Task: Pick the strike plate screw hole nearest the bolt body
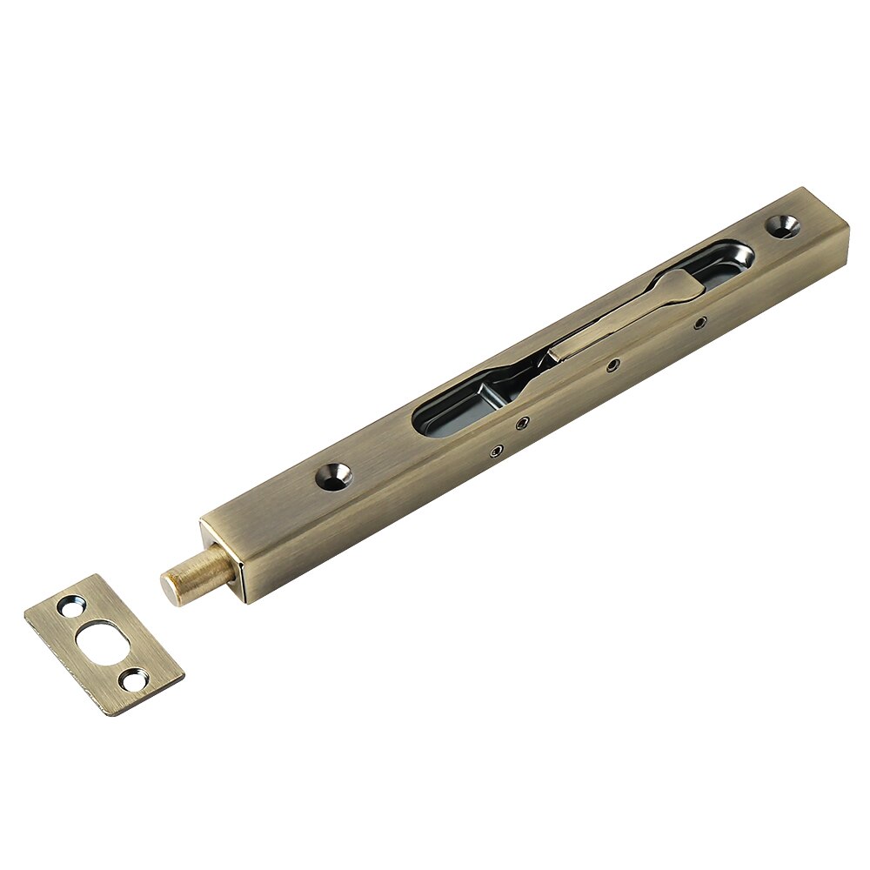point(69,607)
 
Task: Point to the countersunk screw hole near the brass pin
point(333,475)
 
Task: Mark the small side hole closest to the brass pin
point(497,451)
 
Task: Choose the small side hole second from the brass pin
point(522,424)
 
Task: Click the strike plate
point(104,644)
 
